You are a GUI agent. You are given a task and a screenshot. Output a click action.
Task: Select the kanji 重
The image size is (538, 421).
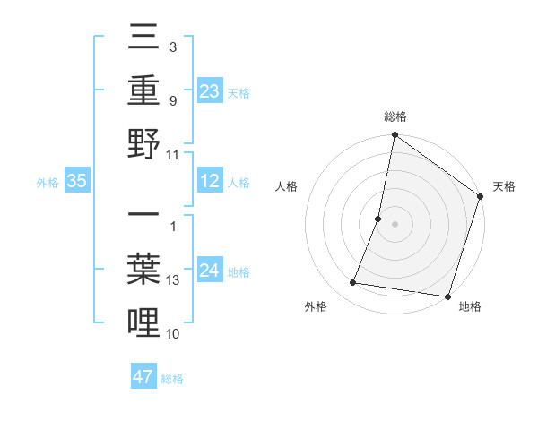(x=144, y=92)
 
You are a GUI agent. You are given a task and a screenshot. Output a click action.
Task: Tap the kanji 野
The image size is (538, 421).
(x=144, y=143)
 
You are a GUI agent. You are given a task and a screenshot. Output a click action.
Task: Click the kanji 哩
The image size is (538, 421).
(x=144, y=322)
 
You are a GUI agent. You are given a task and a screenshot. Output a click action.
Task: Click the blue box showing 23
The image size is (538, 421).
(x=209, y=90)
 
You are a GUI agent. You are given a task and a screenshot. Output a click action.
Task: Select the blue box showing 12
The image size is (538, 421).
(x=209, y=182)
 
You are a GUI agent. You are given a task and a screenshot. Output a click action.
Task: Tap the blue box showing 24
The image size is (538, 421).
(x=209, y=271)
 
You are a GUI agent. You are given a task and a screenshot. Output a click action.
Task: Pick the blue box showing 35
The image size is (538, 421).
(x=77, y=182)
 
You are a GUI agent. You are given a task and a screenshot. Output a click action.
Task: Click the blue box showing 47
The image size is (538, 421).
(x=143, y=377)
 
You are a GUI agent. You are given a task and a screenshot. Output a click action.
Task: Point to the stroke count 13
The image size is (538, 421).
(x=174, y=280)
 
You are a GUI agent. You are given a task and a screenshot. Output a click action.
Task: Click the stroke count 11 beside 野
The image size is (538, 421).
(x=174, y=154)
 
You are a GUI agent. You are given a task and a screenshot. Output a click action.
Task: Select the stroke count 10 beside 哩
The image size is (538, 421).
(x=174, y=333)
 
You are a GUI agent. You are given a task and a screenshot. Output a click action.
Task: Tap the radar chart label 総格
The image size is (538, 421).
(x=395, y=116)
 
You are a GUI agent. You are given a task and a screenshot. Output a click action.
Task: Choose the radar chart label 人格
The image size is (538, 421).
(x=287, y=187)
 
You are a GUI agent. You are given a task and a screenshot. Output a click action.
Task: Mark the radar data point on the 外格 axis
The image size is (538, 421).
(x=353, y=283)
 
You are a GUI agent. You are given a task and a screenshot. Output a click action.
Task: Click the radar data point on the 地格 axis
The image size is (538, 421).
(x=447, y=296)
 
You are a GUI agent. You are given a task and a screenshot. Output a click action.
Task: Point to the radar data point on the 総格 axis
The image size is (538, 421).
(x=395, y=135)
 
